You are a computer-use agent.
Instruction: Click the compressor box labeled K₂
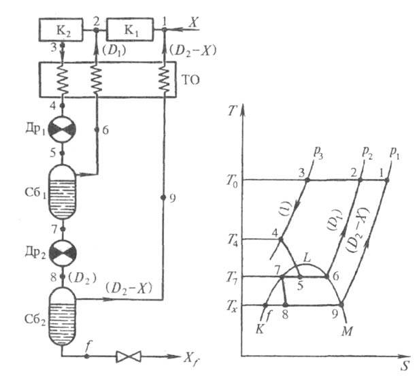pos(61,30)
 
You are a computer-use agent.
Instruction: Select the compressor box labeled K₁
pos(130,29)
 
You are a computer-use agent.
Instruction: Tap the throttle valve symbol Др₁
pos(63,130)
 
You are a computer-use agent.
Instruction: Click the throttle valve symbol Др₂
pos(63,253)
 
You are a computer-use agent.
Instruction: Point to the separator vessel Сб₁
pos(62,192)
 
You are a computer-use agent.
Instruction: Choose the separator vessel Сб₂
pos(62,316)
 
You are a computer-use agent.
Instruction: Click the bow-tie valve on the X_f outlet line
pos(129,356)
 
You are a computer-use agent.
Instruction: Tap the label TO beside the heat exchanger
pos(190,80)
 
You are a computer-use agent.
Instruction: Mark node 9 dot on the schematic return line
pos(163,197)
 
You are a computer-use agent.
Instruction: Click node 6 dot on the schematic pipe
pos(97,130)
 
